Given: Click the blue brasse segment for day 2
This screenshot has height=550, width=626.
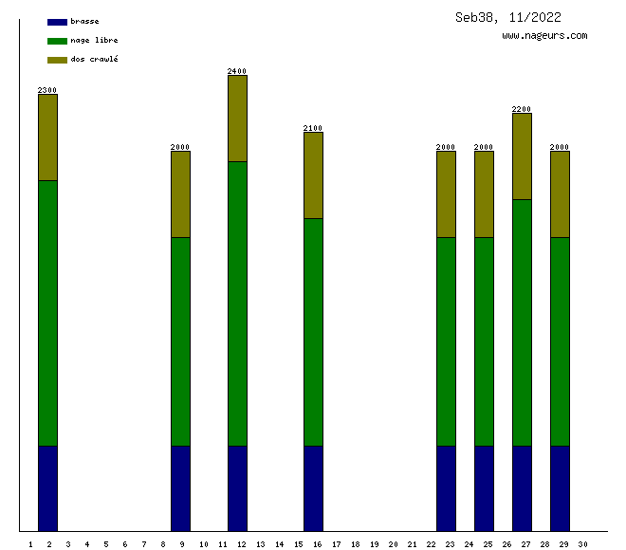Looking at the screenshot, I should pyautogui.click(x=47, y=487).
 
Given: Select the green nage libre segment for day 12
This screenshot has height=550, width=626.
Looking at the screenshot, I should pyautogui.click(x=237, y=303).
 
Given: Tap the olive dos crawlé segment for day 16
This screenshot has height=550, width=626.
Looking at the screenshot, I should pyautogui.click(x=313, y=175).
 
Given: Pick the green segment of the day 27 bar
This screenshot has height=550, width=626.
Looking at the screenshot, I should pyautogui.click(x=522, y=322).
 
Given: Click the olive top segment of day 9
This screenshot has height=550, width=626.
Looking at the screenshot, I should pyautogui.click(x=180, y=194).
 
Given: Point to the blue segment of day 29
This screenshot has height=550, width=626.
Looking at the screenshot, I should pyautogui.click(x=560, y=487).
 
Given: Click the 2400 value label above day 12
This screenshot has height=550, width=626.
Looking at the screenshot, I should pyautogui.click(x=237, y=71).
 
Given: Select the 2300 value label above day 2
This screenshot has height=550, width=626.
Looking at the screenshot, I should pyautogui.click(x=47, y=90).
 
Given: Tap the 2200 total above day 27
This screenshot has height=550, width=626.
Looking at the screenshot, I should pyautogui.click(x=522, y=109).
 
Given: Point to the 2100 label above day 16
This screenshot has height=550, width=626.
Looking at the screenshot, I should pyautogui.click(x=313, y=128).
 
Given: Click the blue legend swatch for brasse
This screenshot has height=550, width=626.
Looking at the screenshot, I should pyautogui.click(x=57, y=22).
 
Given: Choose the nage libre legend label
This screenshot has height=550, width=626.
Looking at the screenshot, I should pyautogui.click(x=94, y=41).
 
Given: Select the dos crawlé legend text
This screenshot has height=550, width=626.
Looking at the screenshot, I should pyautogui.click(x=94, y=60).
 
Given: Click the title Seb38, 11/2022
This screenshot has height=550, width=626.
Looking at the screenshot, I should pyautogui.click(x=507, y=17).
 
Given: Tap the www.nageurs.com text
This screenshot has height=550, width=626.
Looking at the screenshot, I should pyautogui.click(x=544, y=36).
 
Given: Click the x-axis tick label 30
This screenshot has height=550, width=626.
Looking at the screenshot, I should pyautogui.click(x=582, y=544).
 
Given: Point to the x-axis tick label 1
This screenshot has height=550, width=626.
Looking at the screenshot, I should pyautogui.click(x=31, y=544).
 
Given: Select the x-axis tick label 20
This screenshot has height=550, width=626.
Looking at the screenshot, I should pyautogui.click(x=393, y=544).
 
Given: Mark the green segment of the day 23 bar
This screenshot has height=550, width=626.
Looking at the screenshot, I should pyautogui.click(x=446, y=341).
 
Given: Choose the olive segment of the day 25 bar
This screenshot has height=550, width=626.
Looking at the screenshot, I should pyautogui.click(x=484, y=194).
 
